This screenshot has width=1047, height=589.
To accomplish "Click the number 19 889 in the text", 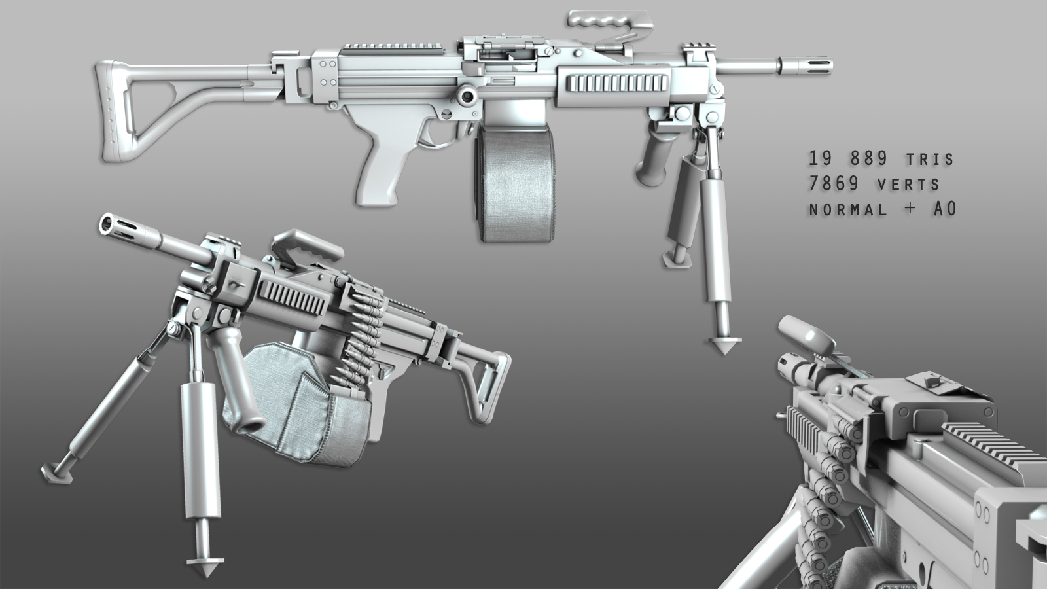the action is click(848, 158).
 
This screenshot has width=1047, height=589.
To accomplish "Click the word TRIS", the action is click(930, 160).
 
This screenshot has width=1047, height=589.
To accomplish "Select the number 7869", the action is click(834, 184).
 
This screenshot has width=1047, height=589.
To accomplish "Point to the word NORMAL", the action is click(848, 210).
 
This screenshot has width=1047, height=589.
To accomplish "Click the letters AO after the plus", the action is click(945, 209).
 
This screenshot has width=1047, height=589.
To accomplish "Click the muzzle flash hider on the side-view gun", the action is click(805, 65).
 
